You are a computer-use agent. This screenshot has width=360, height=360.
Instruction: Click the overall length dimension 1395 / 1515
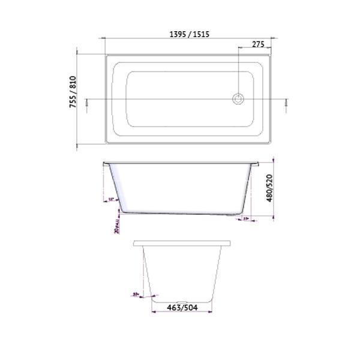coord(188,35)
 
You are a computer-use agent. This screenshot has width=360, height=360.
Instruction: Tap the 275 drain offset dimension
coord(258,44)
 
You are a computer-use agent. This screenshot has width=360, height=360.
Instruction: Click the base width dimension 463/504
coord(182,308)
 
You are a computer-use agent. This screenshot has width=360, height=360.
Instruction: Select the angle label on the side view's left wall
coord(112,200)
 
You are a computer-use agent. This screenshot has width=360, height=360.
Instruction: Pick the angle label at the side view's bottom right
coord(246,219)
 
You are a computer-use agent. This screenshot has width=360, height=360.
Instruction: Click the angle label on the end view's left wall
coord(136,294)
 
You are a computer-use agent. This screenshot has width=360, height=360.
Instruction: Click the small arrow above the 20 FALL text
coord(118,211)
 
